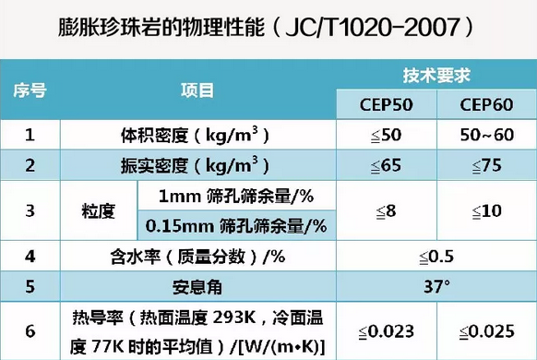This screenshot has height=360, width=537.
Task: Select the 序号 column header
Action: (30, 90)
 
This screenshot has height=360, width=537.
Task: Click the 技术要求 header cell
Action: (437, 74)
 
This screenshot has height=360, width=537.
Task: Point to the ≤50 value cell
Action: (386, 136)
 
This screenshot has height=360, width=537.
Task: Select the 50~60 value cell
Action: (486, 136)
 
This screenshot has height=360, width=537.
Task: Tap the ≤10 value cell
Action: (486, 211)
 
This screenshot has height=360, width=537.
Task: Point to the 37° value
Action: (437, 286)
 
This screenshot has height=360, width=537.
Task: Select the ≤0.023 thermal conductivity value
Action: (386, 329)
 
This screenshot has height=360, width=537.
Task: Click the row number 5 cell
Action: (30, 286)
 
